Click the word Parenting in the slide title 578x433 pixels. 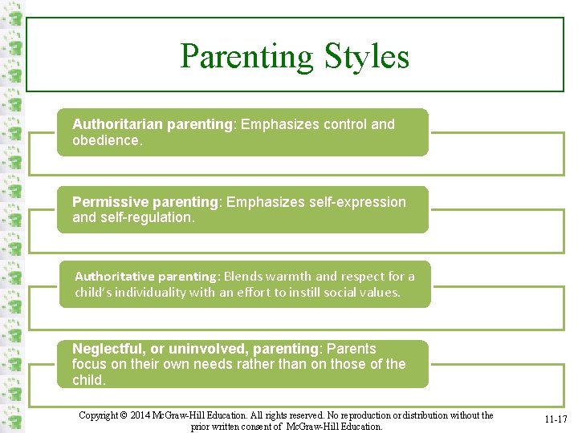tap(247, 56)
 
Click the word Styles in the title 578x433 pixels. tap(367, 56)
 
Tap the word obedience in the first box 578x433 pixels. tap(105, 140)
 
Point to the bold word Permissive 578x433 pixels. tap(108, 202)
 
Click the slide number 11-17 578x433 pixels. tap(556, 419)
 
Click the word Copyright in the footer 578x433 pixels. tap(100, 415)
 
